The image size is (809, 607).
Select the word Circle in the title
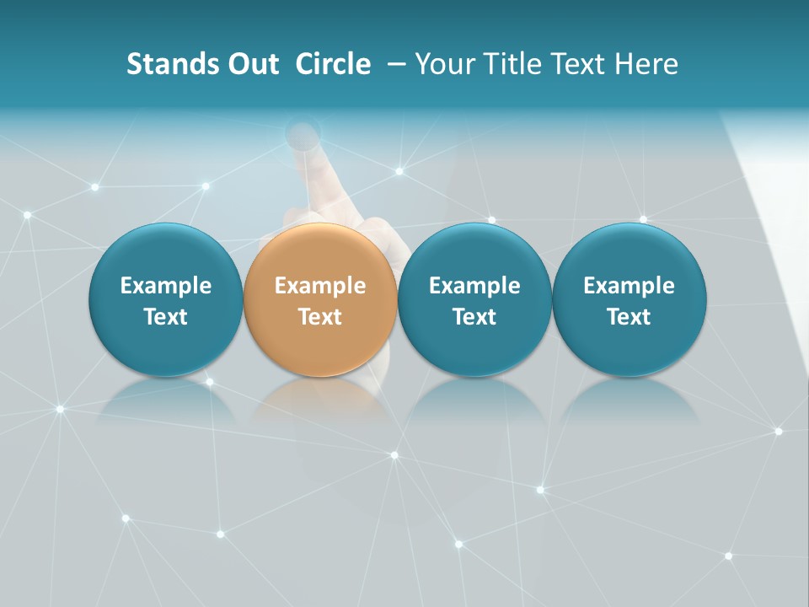click(x=333, y=64)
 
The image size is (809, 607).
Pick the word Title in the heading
click(x=508, y=64)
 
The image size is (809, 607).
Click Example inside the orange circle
click(x=320, y=286)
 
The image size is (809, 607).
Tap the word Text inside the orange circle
click(x=320, y=317)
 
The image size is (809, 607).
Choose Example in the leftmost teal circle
click(x=166, y=286)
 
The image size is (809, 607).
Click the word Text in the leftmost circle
click(x=166, y=317)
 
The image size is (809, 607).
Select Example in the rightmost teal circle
click(x=630, y=286)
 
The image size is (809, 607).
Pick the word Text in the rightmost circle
click(x=630, y=317)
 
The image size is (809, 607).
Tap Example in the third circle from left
click(x=474, y=286)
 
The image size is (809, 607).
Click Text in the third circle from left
click(x=474, y=317)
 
